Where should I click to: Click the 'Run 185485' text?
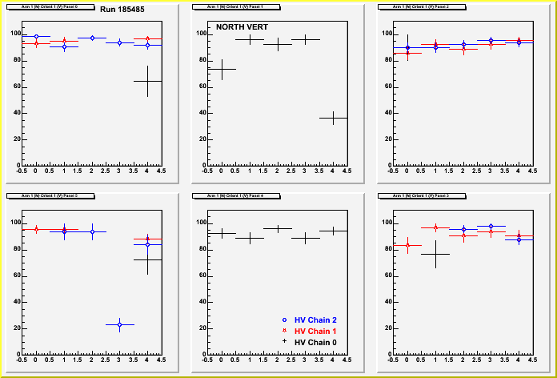point(122,9)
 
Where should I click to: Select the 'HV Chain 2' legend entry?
point(315,320)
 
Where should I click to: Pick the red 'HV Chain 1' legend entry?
point(315,331)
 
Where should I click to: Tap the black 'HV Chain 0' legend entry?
point(315,342)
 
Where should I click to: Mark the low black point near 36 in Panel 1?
point(333,118)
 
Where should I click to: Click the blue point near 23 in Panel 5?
point(119,324)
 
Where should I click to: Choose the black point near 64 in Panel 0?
point(147,81)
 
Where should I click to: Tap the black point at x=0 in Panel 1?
point(222,69)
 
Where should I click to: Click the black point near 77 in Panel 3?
point(435,254)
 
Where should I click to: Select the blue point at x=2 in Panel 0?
point(92,38)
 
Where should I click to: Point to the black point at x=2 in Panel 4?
point(278,228)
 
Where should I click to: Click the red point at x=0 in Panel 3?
point(407,245)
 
